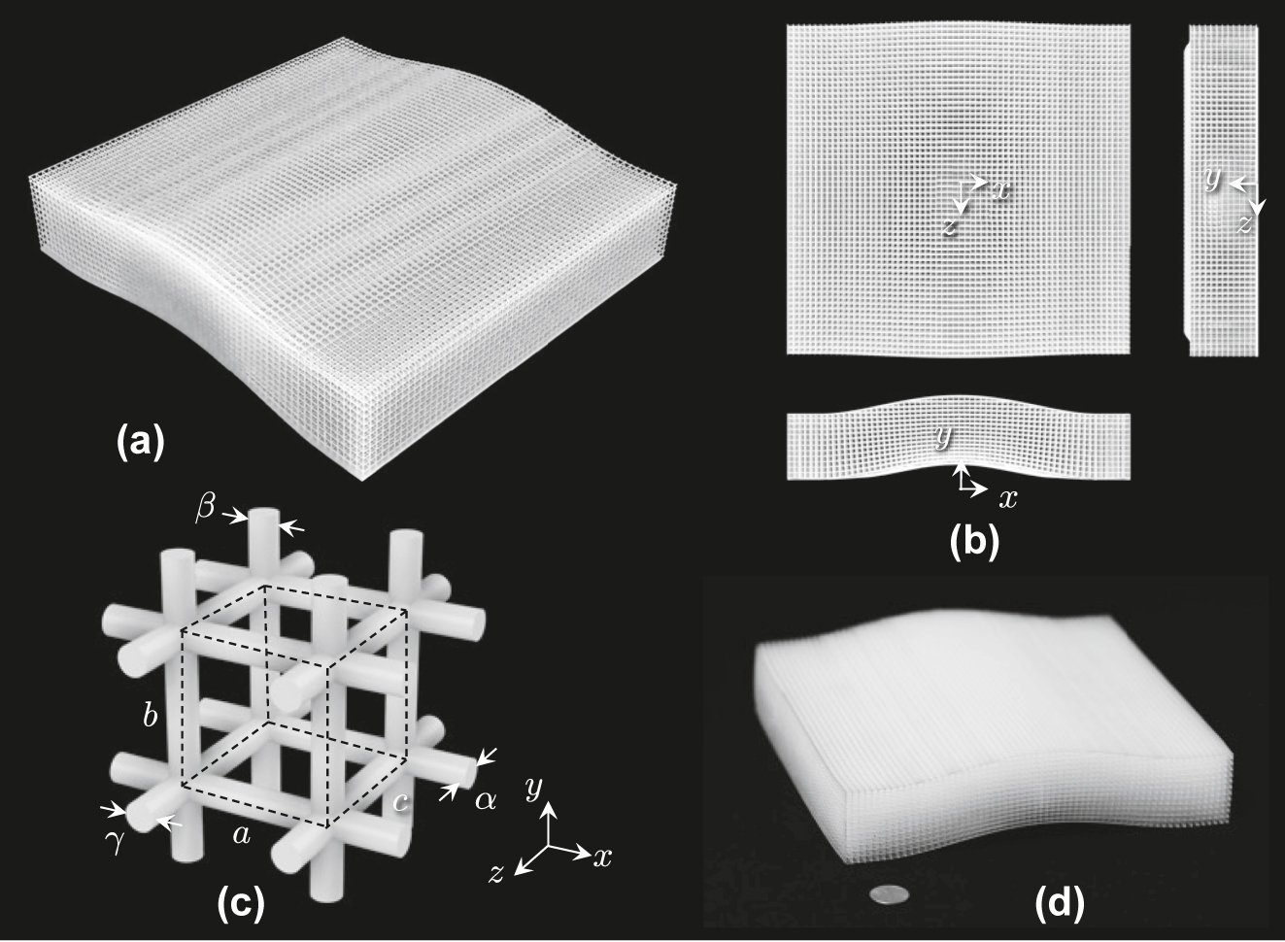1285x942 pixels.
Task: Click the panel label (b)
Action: (x=974, y=541)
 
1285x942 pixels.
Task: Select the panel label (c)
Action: (x=241, y=902)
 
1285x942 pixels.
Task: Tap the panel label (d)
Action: (x=1060, y=902)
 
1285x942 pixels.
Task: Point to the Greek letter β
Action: (x=205, y=510)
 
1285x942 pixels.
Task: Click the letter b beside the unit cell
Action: (x=151, y=715)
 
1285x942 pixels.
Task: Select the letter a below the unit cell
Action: (x=242, y=835)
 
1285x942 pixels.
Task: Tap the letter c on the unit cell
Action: (x=401, y=802)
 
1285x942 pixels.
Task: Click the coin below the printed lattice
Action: (x=889, y=894)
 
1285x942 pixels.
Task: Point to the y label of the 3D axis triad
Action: (x=534, y=790)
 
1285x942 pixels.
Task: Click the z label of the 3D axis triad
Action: (x=496, y=874)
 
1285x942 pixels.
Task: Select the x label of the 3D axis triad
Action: (x=603, y=858)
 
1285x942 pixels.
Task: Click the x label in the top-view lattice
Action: (x=1001, y=191)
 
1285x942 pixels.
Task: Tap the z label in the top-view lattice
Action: (x=949, y=226)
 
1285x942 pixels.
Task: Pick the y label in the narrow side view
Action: (x=1213, y=179)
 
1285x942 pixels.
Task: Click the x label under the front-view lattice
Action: (x=1008, y=499)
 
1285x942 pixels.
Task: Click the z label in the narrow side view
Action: (x=1244, y=224)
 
